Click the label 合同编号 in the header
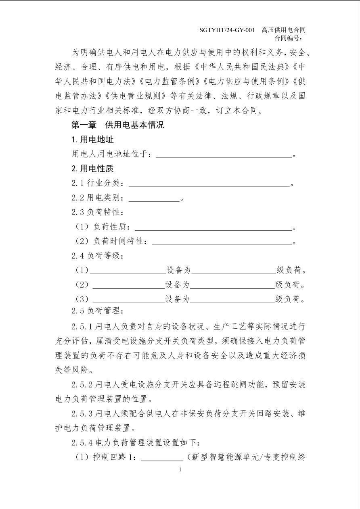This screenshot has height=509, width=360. pyautogui.click(x=288, y=38)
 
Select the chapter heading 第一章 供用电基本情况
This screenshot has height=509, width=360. pyautogui.click(x=117, y=125)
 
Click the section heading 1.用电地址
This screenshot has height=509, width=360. pyautogui.click(x=92, y=140)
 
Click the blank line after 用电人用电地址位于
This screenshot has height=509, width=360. pyautogui.click(x=224, y=154)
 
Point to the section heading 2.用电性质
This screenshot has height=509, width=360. pyautogui.click(x=92, y=169)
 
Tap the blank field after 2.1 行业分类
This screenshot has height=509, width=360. pyautogui.click(x=209, y=184)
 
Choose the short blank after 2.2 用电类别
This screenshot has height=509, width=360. pyautogui.click(x=154, y=198)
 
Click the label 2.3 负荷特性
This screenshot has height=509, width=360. pyautogui.click(x=97, y=212)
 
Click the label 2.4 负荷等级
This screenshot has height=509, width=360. pyautogui.click(x=97, y=256)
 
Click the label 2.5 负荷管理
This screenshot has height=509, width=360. pyautogui.click(x=97, y=311)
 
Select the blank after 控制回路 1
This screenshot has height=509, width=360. pyautogui.click(x=161, y=457)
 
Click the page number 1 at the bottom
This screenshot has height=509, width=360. pyautogui.click(x=180, y=469)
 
